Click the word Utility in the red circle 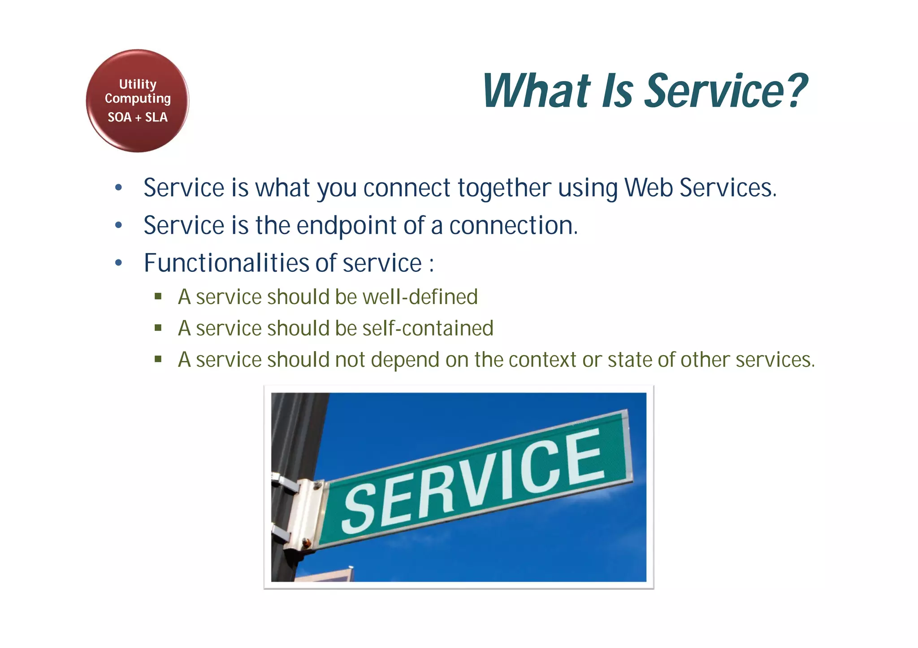[x=138, y=84]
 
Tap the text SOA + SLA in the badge [x=138, y=117]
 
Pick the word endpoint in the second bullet [x=346, y=226]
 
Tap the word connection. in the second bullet [x=514, y=225]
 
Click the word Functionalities [x=226, y=263]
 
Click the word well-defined [x=420, y=297]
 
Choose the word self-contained [x=428, y=328]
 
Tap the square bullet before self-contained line [x=158, y=328]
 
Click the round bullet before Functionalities [x=118, y=263]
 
